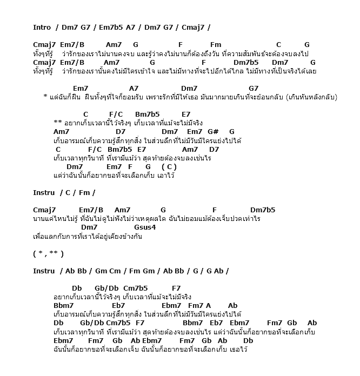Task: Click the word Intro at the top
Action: click(42, 27)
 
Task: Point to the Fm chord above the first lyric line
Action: click(216, 45)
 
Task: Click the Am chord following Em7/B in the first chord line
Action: click(114, 45)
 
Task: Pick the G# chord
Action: click(213, 131)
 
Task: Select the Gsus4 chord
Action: click(145, 227)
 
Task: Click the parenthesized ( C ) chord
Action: click(169, 167)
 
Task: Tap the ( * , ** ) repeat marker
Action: click(48, 253)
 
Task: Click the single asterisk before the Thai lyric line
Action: click(45, 98)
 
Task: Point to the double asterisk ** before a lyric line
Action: click(58, 123)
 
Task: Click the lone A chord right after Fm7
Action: click(208, 306)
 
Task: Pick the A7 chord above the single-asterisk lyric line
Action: click(134, 88)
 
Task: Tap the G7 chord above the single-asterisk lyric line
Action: click(254, 88)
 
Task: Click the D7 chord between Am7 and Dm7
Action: click(121, 131)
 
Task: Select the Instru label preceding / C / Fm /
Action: click(44, 192)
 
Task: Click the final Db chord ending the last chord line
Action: click(248, 341)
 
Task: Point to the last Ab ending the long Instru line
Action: click(217, 271)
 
